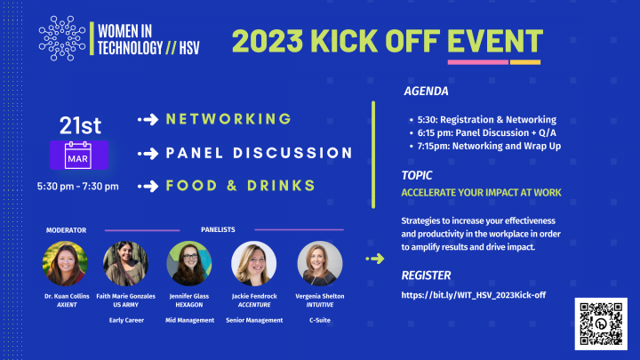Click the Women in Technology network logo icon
(x=62, y=38)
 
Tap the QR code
(x=601, y=324)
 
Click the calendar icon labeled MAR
(x=79, y=155)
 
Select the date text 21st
(x=80, y=125)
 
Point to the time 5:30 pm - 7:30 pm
(x=78, y=186)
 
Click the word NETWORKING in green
(x=228, y=119)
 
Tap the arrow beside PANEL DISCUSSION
(x=148, y=154)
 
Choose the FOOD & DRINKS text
(x=241, y=186)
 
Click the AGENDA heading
(x=426, y=91)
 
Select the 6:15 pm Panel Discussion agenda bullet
(x=486, y=132)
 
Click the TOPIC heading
(x=417, y=175)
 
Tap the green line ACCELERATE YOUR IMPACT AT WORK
(x=481, y=193)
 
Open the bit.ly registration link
(x=474, y=295)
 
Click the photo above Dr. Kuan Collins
(x=65, y=263)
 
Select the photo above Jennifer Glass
(x=189, y=263)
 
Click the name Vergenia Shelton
(x=320, y=296)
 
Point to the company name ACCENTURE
(x=254, y=305)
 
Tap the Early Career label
(x=126, y=320)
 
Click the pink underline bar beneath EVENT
(x=478, y=62)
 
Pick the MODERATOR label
(x=66, y=230)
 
